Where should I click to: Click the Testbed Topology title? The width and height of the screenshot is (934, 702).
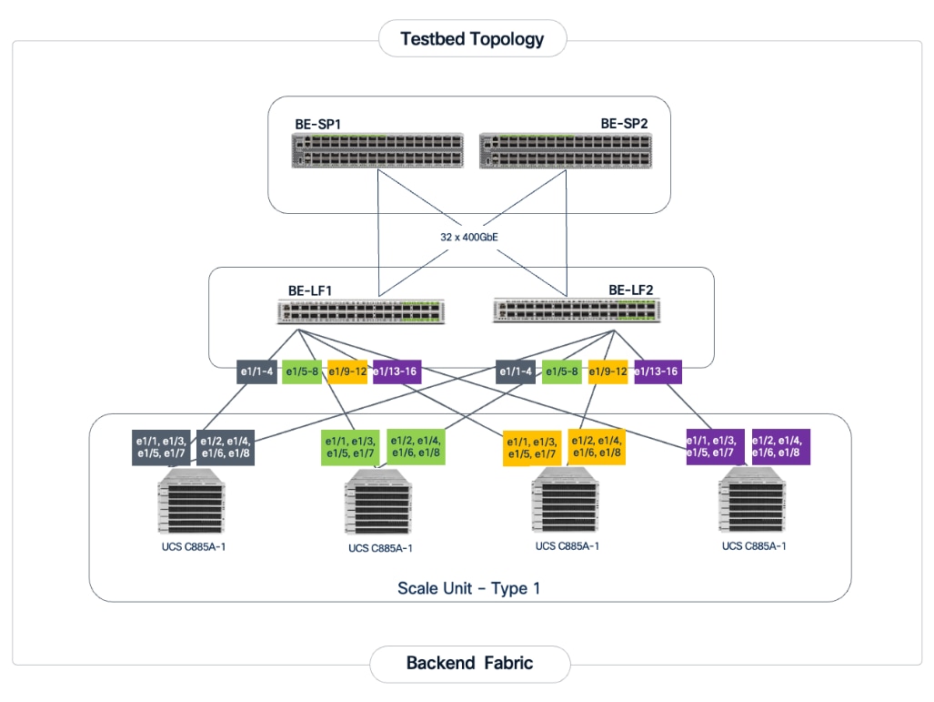[x=472, y=39]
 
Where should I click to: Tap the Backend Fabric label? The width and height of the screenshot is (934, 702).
[x=469, y=663]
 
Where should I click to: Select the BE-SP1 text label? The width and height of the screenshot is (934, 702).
[x=317, y=123]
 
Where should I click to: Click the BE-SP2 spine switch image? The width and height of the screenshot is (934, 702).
[x=562, y=150]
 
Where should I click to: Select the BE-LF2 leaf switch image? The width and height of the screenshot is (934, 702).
[x=576, y=311]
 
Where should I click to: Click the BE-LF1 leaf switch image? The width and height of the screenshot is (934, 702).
[x=360, y=311]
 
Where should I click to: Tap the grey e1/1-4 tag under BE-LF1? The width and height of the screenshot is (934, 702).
[x=256, y=371]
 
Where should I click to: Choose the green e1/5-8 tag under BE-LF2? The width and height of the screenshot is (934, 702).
[x=562, y=371]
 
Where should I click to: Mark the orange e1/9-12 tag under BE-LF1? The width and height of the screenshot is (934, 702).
[x=347, y=371]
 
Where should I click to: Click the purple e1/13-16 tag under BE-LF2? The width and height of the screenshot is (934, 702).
[x=656, y=371]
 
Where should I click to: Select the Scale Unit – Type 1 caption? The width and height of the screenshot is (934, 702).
[x=468, y=588]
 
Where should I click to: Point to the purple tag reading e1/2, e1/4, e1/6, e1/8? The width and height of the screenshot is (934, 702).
[x=780, y=446]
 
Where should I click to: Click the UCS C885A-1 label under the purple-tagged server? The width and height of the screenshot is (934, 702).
[x=753, y=546]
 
